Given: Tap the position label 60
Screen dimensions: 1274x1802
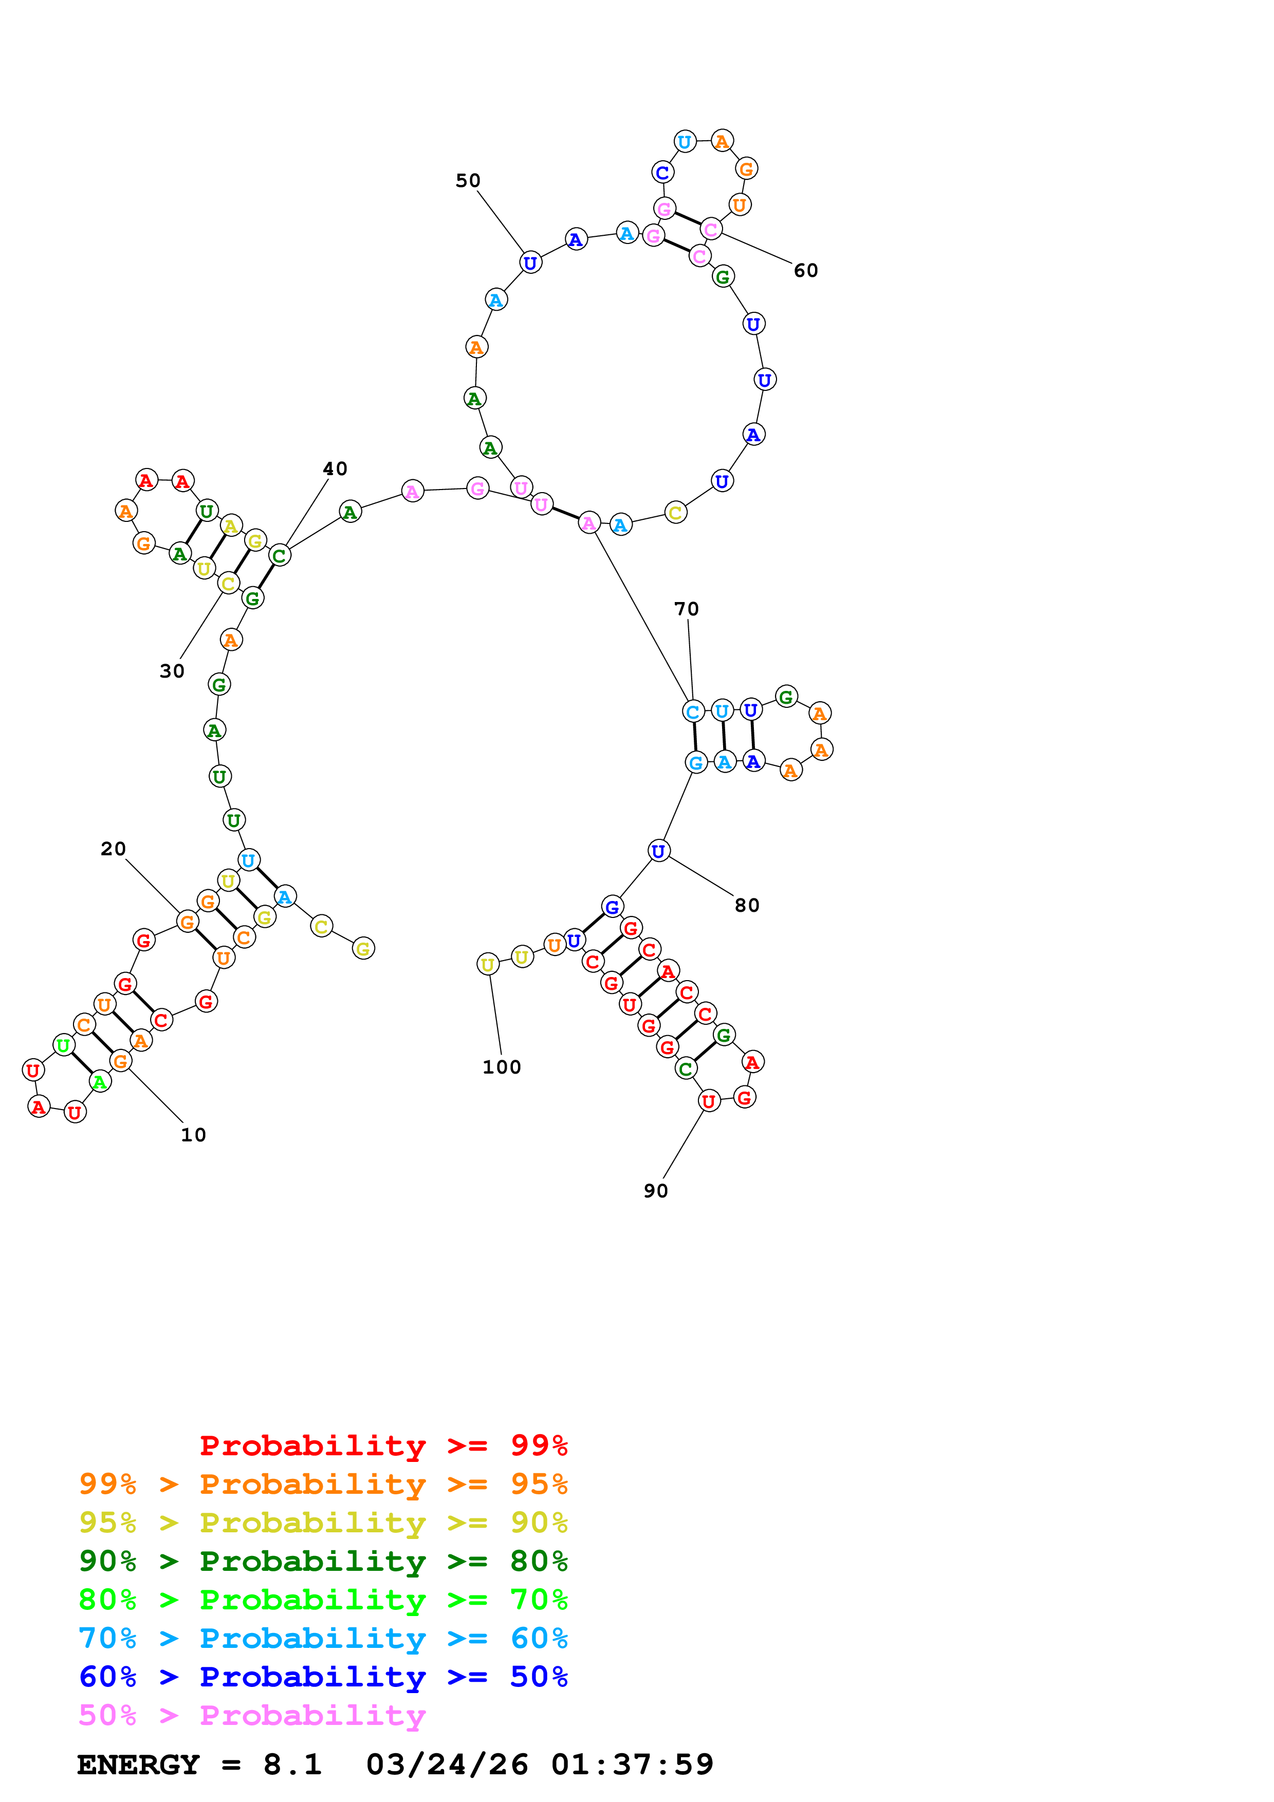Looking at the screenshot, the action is (x=805, y=271).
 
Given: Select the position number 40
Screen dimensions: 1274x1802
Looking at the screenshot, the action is (x=335, y=468).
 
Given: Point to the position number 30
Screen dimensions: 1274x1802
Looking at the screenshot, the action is (x=172, y=671).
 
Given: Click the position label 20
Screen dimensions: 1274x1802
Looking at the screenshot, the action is (x=113, y=849).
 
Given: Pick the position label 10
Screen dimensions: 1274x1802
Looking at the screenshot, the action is (x=193, y=1135).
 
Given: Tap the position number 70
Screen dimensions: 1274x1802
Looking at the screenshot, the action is (x=686, y=609).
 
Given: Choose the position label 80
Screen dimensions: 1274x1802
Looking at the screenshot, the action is (x=747, y=906).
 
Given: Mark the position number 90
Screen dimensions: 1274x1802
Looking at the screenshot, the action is (x=655, y=1191).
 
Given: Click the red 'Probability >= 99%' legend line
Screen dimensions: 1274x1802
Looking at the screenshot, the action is (x=383, y=1445).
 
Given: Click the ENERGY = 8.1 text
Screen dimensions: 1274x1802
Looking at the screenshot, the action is (x=199, y=1765).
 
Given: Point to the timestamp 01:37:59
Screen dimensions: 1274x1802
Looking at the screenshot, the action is (x=632, y=1765).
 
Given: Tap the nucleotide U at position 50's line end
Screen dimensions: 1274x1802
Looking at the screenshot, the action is (x=531, y=263).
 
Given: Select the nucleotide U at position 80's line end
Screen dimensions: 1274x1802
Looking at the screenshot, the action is (x=659, y=851).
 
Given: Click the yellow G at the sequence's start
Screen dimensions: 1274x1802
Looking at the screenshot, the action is (x=363, y=949).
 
